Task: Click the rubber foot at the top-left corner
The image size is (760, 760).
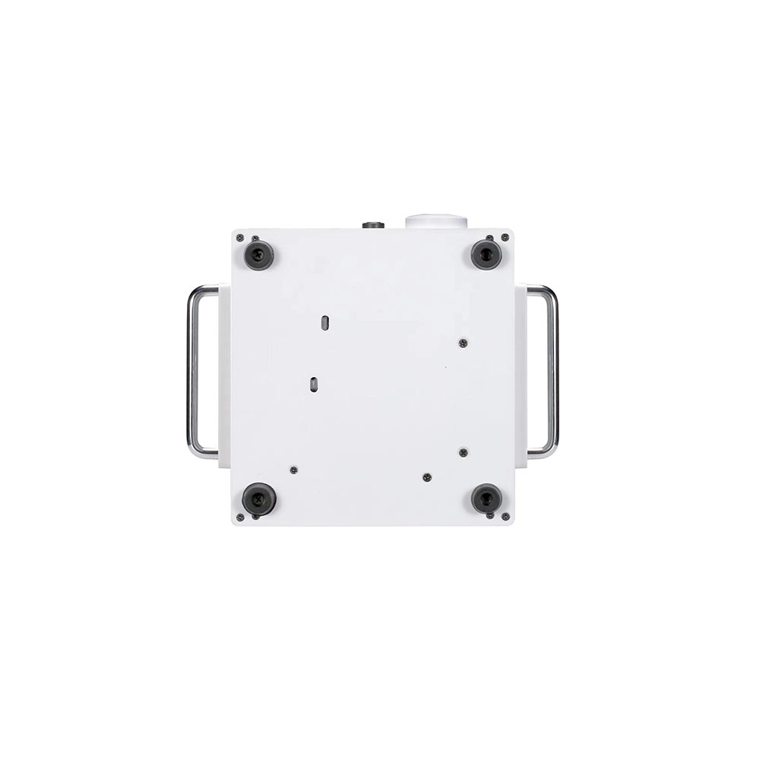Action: coord(258,255)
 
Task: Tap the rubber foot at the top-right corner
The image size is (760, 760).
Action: coord(486,254)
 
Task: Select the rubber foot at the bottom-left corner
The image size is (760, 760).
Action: coord(258,499)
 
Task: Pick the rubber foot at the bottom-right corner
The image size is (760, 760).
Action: coord(486,499)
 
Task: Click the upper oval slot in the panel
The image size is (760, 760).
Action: coord(325,322)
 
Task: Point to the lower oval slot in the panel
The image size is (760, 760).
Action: coord(313,385)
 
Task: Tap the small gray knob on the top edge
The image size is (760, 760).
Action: coord(372,225)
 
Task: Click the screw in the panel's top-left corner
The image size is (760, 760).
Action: coord(239,238)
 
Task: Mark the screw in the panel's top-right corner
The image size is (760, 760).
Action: coord(503,237)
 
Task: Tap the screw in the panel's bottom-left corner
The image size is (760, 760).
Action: coord(239,518)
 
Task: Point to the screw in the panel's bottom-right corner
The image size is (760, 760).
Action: coord(504,517)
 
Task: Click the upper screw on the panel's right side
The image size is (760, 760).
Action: coord(463,343)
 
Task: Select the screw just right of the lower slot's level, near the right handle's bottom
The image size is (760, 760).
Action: coord(463,452)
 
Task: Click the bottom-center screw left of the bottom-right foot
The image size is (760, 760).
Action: coord(427,477)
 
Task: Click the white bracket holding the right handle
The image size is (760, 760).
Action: coord(521,376)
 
